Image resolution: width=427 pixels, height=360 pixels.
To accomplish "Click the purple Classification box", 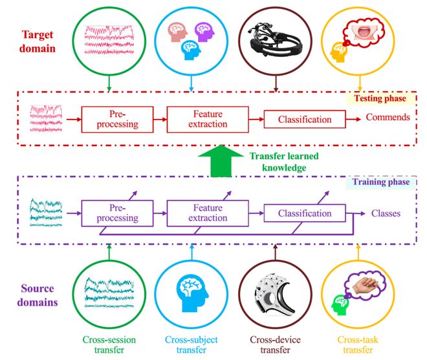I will tap(304, 213).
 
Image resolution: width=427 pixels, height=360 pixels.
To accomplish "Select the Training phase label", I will tap(379, 182).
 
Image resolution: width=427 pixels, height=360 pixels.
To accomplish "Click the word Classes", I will tap(386, 213).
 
